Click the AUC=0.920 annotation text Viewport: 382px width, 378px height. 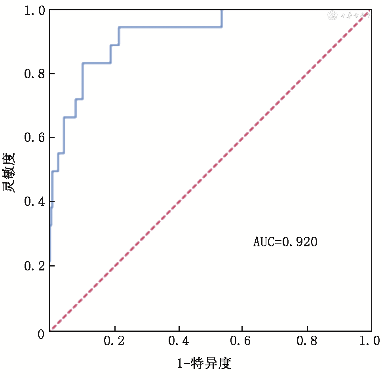click(285, 242)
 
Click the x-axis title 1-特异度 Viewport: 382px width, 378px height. click(203, 363)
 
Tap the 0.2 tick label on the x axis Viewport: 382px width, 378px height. click(114, 341)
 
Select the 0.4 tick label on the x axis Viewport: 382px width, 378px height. click(179, 341)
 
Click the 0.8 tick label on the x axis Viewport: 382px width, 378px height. click(307, 341)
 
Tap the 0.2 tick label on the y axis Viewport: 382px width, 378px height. click(34, 266)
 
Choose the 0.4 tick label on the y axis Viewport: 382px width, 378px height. click(34, 202)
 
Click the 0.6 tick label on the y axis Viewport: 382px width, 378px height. click(34, 138)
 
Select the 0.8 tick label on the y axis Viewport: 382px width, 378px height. click(34, 74)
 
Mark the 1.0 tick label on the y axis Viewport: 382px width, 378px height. click(34, 10)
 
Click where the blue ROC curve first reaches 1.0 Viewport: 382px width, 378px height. click(222, 11)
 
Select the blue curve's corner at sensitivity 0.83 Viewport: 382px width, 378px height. click(83, 63)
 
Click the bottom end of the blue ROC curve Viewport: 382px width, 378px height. click(50, 263)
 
